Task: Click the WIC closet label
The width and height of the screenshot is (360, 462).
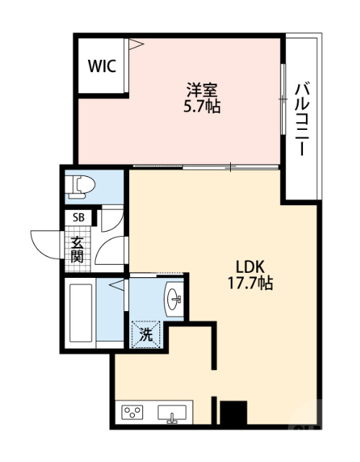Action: click(x=102, y=66)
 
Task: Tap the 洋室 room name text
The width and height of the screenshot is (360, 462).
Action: click(x=202, y=90)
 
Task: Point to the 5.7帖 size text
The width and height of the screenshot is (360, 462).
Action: click(x=202, y=106)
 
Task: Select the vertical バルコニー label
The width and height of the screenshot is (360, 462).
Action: click(x=302, y=119)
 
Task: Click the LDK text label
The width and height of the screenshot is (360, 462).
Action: click(x=250, y=266)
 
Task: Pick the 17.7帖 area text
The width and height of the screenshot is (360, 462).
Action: click(x=250, y=283)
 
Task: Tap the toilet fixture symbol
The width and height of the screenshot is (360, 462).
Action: click(x=80, y=186)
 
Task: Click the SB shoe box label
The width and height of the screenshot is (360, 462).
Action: click(x=79, y=217)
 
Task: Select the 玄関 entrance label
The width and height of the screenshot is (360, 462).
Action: click(x=77, y=249)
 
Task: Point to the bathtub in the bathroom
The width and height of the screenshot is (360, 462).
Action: click(x=81, y=313)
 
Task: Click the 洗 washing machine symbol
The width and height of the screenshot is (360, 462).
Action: click(x=146, y=335)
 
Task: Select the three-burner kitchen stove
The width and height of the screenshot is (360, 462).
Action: click(x=133, y=412)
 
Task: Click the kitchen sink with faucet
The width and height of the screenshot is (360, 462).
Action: click(x=172, y=414)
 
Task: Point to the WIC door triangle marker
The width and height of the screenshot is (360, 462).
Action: click(x=136, y=44)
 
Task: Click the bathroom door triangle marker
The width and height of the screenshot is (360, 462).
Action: click(x=117, y=285)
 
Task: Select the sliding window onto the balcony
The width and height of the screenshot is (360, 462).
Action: click(x=283, y=99)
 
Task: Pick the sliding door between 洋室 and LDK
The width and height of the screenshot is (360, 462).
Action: click(x=206, y=167)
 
